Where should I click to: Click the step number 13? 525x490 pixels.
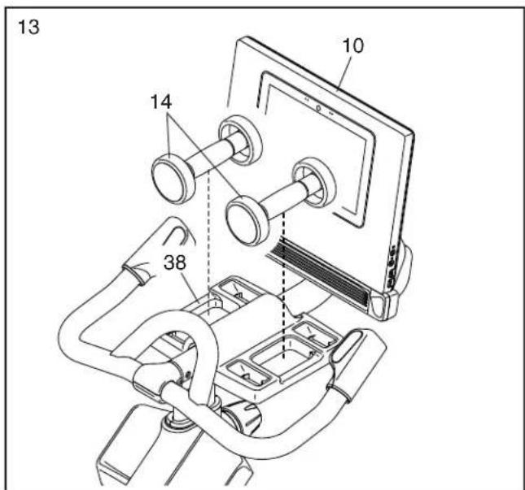pyautogui.click(x=28, y=27)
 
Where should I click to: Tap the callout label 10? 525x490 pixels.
pyautogui.click(x=353, y=46)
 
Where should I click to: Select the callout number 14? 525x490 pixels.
pyautogui.click(x=161, y=102)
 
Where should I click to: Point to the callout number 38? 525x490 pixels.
pyautogui.click(x=175, y=262)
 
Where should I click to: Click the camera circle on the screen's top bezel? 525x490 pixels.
pyautogui.click(x=318, y=107)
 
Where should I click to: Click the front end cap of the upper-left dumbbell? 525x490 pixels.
pyautogui.click(x=173, y=179)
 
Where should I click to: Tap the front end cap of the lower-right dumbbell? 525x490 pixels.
pyautogui.click(x=247, y=221)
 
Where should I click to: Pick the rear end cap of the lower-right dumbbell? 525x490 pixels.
pyautogui.click(x=315, y=183)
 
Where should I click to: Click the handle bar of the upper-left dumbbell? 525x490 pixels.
pyautogui.click(x=210, y=154)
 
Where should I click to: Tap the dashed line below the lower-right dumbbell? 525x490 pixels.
pyautogui.click(x=284, y=284)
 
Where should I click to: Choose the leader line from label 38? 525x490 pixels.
pyautogui.click(x=190, y=288)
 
